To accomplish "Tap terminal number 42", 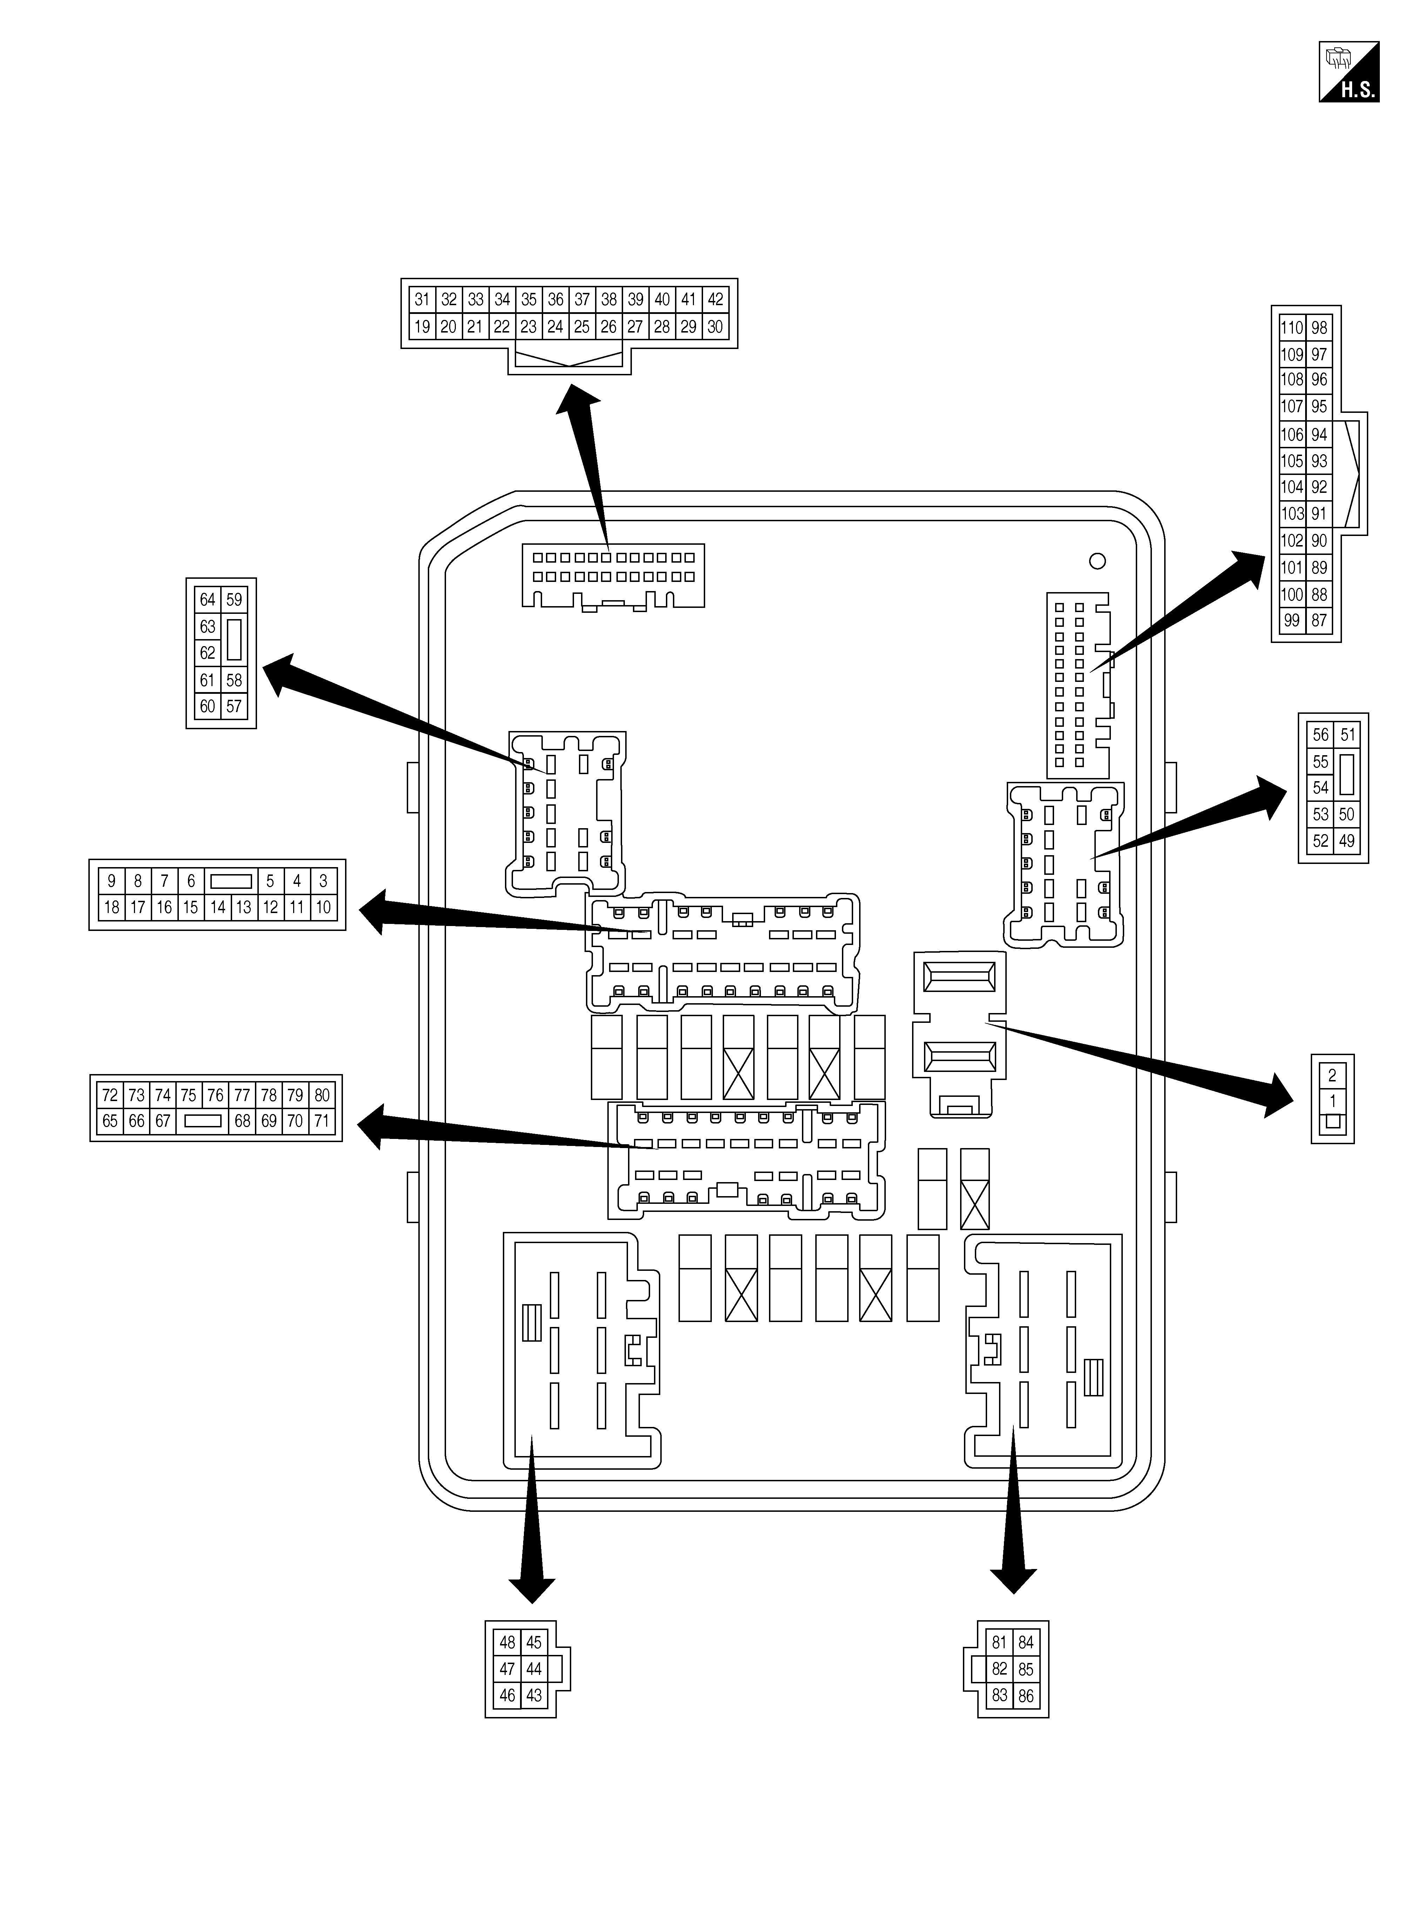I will click(715, 299).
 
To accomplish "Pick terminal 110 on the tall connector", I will click(1292, 328).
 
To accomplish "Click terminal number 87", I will click(1319, 620).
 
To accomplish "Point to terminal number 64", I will click(208, 599).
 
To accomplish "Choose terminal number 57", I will click(234, 707).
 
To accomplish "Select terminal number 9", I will click(111, 881).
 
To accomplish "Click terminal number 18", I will click(111, 907).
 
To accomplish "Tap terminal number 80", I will click(322, 1095).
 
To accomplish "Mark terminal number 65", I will click(110, 1121).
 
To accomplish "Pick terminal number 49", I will click(1347, 841).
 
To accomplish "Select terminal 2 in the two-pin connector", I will click(1332, 1076).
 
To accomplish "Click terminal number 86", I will click(1026, 1696).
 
